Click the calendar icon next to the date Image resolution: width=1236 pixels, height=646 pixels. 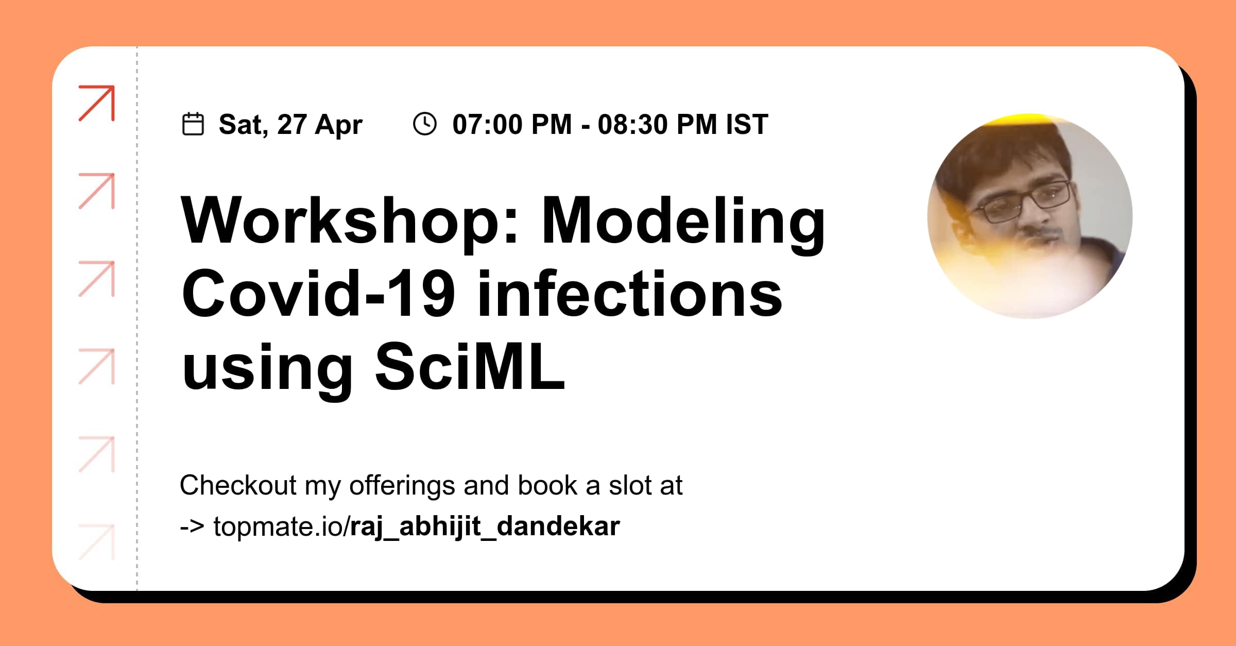(193, 124)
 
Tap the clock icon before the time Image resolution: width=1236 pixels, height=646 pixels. (425, 124)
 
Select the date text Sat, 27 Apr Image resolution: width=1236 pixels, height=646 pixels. (290, 125)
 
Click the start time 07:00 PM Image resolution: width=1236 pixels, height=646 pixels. (512, 125)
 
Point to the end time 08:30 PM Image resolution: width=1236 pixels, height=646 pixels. (657, 125)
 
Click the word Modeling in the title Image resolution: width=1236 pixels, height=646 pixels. (683, 220)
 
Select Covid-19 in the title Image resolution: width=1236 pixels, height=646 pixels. (318, 294)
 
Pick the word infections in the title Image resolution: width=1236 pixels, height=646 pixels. (629, 294)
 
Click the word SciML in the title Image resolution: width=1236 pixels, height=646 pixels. (470, 367)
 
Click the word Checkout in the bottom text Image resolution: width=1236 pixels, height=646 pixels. (238, 485)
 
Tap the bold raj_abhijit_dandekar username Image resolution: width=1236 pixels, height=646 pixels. (485, 526)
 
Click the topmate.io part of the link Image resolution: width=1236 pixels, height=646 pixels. (278, 526)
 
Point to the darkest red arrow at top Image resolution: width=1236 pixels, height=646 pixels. (97, 103)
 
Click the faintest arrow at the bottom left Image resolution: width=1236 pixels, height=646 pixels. (97, 542)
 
